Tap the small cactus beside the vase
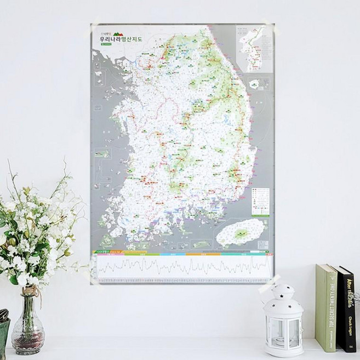(3, 315)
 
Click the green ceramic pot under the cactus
(4, 337)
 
